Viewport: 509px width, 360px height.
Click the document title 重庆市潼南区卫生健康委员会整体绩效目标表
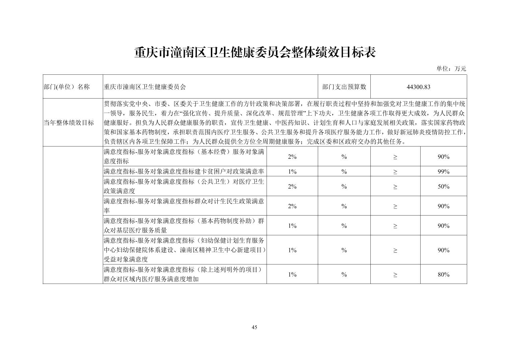click(254, 53)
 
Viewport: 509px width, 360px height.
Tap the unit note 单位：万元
click(451, 69)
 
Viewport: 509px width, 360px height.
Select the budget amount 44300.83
click(418, 87)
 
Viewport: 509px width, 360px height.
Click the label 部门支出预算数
click(344, 87)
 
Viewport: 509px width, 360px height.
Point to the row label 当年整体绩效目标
click(69, 122)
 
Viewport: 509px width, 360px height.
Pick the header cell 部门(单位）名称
click(67, 87)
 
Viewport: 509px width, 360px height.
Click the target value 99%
click(443, 171)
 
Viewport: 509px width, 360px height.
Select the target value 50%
click(443, 186)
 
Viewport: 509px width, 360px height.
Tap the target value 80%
click(443, 275)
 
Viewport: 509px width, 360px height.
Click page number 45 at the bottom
click(254, 327)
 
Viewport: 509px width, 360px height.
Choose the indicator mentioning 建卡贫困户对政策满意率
click(184, 171)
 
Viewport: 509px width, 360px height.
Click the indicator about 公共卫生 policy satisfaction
click(184, 186)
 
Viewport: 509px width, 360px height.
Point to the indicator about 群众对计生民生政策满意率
click(184, 206)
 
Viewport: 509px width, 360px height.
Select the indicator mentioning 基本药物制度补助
click(184, 226)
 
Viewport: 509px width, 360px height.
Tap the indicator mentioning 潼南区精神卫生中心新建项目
click(184, 250)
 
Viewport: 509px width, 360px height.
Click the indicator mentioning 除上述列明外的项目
click(184, 275)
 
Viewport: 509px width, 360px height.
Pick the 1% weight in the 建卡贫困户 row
click(292, 171)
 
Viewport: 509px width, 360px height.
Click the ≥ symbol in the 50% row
click(395, 186)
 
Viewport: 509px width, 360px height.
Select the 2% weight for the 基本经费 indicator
click(292, 157)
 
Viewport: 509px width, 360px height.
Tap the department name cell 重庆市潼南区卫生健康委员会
click(145, 87)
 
